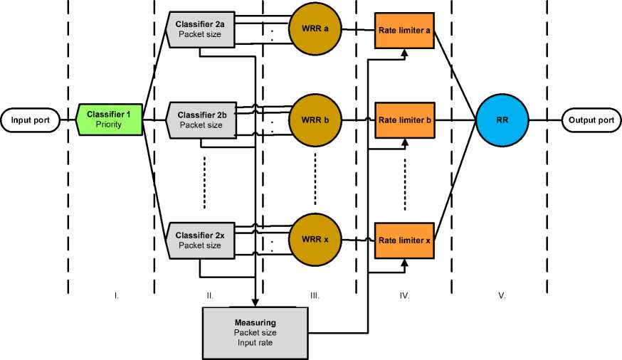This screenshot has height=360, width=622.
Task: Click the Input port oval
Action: [x=30, y=120]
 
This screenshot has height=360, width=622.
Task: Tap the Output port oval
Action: [x=591, y=120]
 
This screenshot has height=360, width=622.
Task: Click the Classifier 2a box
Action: [x=200, y=28]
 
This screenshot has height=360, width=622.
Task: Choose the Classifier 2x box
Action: [x=200, y=240]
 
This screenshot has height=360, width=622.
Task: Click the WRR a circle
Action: [x=315, y=30]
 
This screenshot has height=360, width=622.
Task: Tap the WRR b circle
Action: [x=315, y=120]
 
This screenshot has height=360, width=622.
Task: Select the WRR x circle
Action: [x=315, y=240]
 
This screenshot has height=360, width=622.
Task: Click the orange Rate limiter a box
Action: [x=404, y=31]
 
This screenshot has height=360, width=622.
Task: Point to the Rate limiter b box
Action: [x=404, y=120]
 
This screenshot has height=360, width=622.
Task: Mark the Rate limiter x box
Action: [x=404, y=240]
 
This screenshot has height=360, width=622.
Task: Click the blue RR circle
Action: [x=502, y=120]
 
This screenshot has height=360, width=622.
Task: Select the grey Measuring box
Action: [x=255, y=332]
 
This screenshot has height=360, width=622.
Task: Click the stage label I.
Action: [x=116, y=294]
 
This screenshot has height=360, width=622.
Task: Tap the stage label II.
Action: [x=209, y=294]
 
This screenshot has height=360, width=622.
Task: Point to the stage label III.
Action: [x=315, y=294]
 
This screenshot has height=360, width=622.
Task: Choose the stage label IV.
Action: [x=405, y=294]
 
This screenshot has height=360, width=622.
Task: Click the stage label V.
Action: [x=502, y=294]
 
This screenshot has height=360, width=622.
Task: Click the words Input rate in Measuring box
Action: [x=255, y=343]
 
